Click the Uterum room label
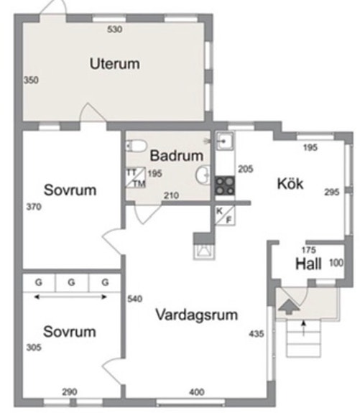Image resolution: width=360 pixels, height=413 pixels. (115, 64)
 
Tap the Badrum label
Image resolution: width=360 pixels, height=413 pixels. (177, 155)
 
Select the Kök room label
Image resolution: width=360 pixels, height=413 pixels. (290, 183)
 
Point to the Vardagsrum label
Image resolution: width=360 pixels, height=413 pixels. (197, 315)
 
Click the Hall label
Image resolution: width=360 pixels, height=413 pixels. (308, 264)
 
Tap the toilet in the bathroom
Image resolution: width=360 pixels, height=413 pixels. (137, 146)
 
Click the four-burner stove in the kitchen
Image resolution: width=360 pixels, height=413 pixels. (225, 186)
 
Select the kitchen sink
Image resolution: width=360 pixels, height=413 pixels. (224, 141)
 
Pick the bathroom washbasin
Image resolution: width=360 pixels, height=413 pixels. (203, 175)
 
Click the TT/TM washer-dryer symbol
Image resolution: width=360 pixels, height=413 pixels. (136, 177)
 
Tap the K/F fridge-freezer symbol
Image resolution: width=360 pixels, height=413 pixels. (225, 215)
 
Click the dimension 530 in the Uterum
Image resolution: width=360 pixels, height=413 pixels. (115, 29)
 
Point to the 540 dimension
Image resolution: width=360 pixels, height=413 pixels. (134, 299)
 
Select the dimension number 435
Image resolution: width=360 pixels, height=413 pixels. (256, 334)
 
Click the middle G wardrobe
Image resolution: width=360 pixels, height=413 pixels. (72, 282)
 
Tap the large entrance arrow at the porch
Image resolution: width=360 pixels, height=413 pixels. (289, 306)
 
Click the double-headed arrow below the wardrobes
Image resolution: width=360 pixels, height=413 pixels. (70, 297)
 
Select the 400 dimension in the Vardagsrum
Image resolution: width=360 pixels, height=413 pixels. (197, 392)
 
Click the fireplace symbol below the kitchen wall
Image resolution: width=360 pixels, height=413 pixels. (204, 251)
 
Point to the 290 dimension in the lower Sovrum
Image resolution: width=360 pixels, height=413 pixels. (70, 392)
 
